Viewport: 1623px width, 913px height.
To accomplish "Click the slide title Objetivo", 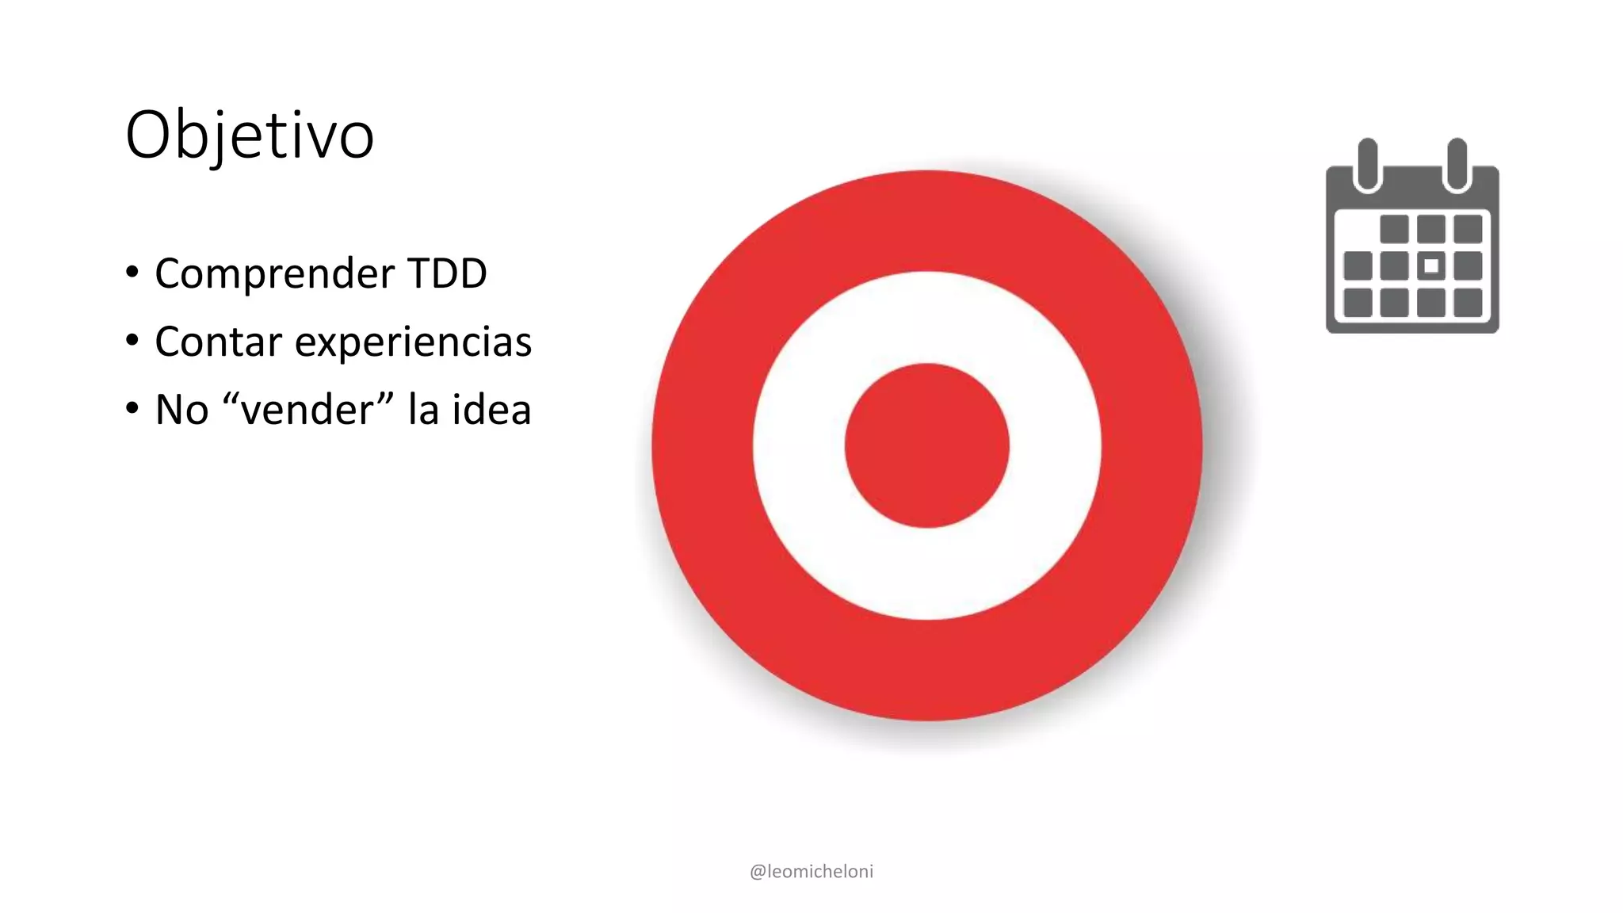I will (x=250, y=136).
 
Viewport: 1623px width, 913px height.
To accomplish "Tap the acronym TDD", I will (x=447, y=273).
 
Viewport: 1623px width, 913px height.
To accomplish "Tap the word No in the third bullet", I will (x=181, y=410).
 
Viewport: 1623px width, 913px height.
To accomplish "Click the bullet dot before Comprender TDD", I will (x=132, y=273).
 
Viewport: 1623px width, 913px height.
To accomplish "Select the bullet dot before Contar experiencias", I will (x=132, y=341).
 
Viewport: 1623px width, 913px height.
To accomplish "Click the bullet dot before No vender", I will (x=132, y=409).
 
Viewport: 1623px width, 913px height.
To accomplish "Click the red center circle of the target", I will (x=926, y=445).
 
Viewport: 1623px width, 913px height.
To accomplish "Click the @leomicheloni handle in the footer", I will (x=811, y=871).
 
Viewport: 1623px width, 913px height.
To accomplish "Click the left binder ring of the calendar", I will (x=1368, y=165).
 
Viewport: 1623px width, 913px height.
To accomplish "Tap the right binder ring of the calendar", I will (x=1457, y=165).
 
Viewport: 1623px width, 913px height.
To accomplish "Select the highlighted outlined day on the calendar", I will (x=1431, y=266).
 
